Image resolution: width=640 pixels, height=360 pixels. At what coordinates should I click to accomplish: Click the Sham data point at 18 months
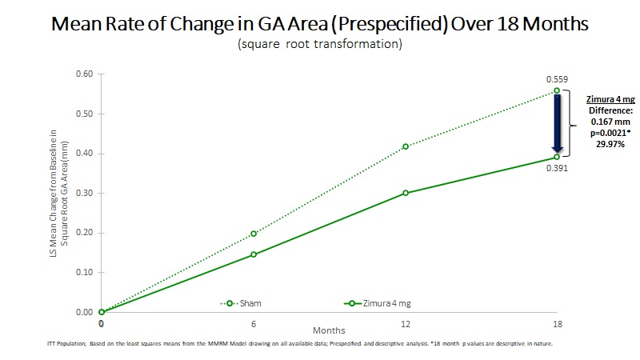pyautogui.click(x=557, y=90)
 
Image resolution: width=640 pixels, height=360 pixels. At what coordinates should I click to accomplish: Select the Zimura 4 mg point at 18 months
pyautogui.click(x=557, y=157)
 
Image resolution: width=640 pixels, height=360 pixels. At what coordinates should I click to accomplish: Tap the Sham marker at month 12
pyautogui.click(x=406, y=146)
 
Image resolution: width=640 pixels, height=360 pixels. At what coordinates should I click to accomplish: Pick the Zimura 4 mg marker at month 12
pyautogui.click(x=406, y=193)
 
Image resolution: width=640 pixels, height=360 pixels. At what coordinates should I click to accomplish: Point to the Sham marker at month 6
pyautogui.click(x=254, y=234)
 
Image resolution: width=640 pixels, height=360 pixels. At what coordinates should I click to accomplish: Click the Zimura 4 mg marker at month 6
pyautogui.click(x=254, y=254)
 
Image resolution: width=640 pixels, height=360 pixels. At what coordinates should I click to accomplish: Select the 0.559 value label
pyautogui.click(x=556, y=79)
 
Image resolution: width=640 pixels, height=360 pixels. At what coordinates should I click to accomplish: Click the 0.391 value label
pyautogui.click(x=556, y=168)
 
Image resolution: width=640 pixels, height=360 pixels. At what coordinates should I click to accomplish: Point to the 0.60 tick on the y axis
pyautogui.click(x=83, y=74)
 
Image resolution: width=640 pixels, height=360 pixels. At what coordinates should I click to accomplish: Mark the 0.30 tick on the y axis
pyautogui.click(x=83, y=193)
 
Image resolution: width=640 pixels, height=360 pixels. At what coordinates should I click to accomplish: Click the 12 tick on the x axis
pyautogui.click(x=406, y=323)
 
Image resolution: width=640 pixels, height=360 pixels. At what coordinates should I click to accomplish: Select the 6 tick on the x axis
pyautogui.click(x=254, y=323)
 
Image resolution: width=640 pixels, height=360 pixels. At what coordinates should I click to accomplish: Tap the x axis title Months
pyautogui.click(x=329, y=329)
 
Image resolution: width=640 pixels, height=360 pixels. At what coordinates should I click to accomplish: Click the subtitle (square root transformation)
pyautogui.click(x=319, y=44)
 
